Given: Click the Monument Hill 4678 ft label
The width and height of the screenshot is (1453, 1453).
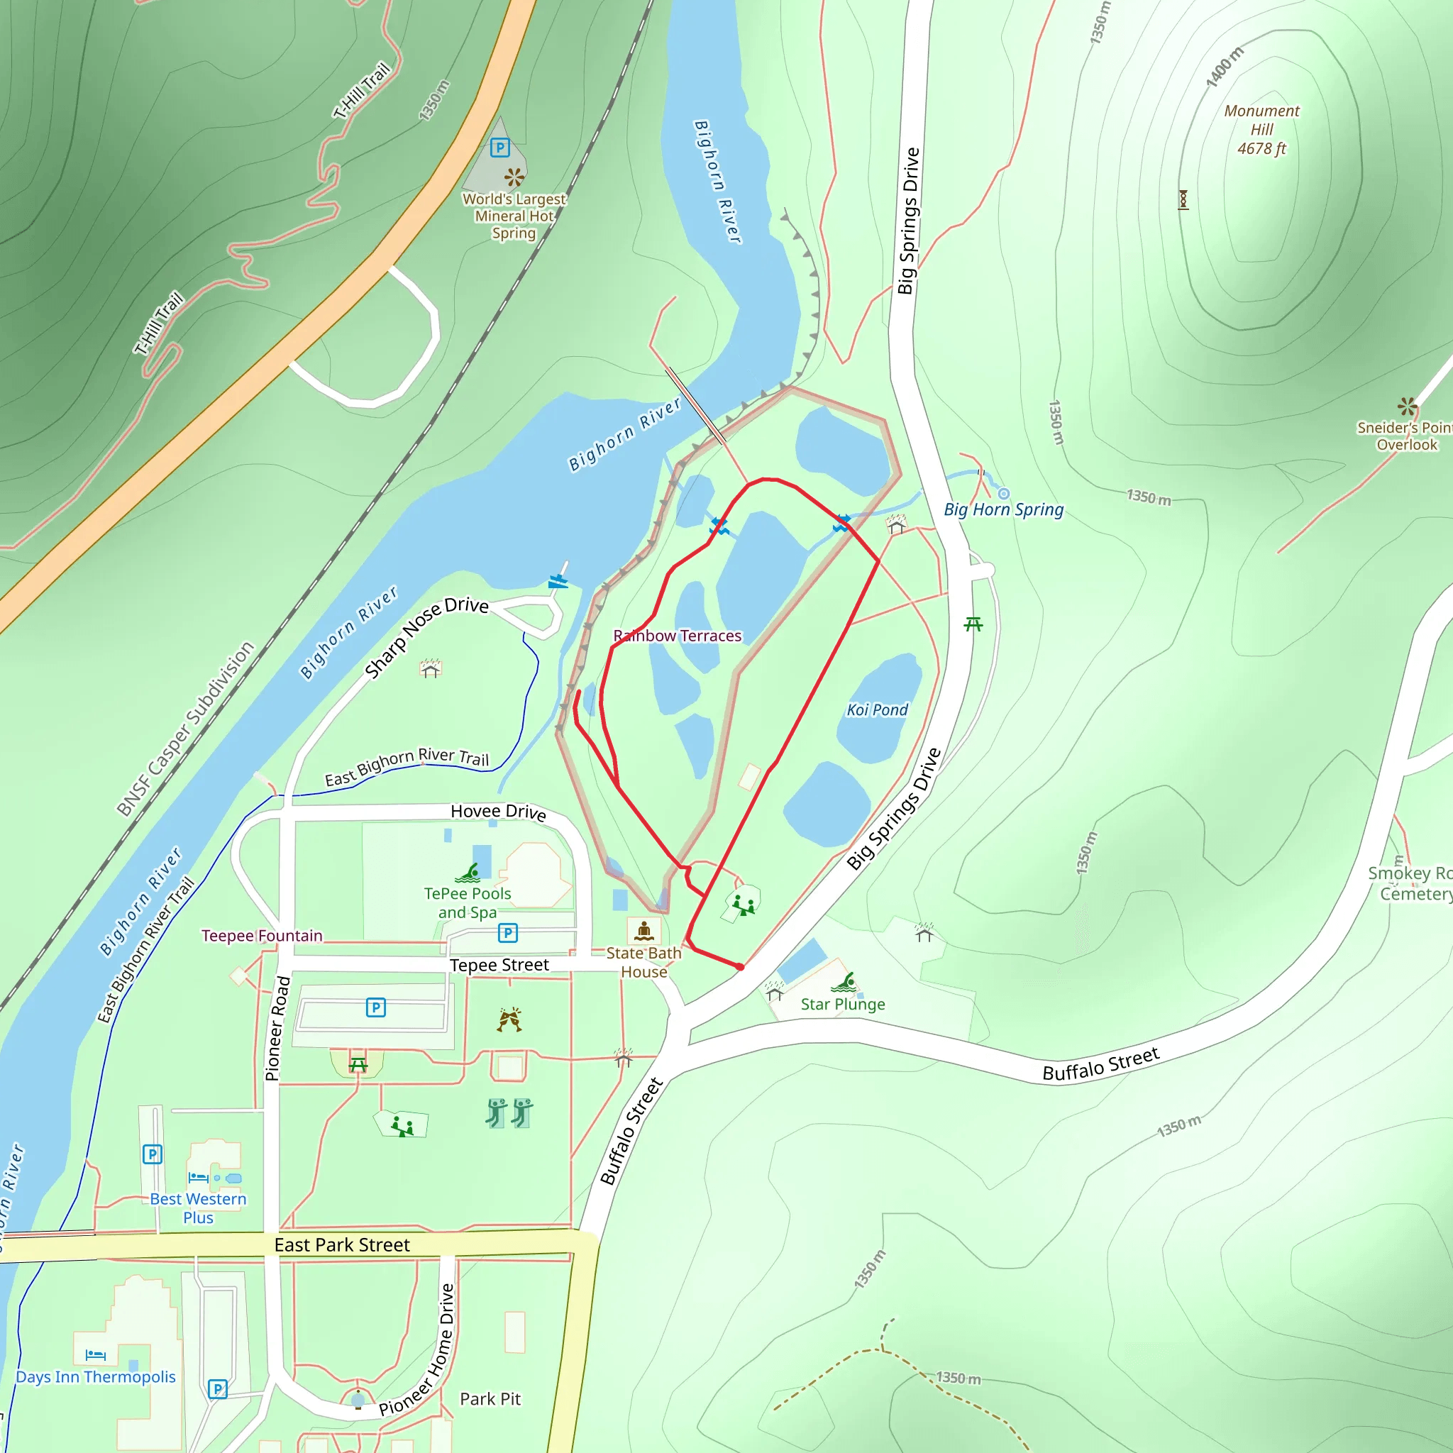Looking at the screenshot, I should (x=1261, y=130).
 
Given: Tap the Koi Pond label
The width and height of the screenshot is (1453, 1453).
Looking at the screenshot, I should (x=877, y=709).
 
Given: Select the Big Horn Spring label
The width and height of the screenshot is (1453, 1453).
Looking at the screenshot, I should (x=1003, y=509).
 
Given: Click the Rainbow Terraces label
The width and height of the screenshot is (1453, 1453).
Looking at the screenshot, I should (x=677, y=636).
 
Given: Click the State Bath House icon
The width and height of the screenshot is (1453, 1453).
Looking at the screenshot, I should (x=643, y=931).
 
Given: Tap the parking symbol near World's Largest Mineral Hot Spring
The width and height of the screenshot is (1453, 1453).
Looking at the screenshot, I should (x=500, y=148).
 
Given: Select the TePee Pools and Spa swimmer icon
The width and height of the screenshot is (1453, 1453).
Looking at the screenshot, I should (x=468, y=873).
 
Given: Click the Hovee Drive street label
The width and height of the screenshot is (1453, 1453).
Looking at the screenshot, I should (x=498, y=811).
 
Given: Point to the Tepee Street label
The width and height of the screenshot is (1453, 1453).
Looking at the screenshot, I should (x=499, y=965).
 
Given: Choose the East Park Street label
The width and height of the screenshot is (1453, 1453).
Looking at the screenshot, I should (x=342, y=1244).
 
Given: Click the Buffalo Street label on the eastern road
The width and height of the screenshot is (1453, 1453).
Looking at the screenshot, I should (x=1100, y=1064).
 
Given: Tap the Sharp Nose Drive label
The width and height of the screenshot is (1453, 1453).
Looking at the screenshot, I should (x=426, y=636).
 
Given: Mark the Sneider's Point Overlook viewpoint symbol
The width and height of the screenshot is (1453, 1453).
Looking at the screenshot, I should (x=1407, y=406).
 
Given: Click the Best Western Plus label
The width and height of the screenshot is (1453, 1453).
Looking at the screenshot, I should (x=198, y=1208).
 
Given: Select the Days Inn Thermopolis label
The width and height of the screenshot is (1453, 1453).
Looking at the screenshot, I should (x=96, y=1376).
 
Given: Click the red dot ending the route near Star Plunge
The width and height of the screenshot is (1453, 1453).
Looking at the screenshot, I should (x=740, y=967).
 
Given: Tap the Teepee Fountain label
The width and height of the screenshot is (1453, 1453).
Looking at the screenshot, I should (x=262, y=936).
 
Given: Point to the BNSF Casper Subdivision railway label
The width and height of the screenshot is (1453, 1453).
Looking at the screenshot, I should (x=186, y=728).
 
